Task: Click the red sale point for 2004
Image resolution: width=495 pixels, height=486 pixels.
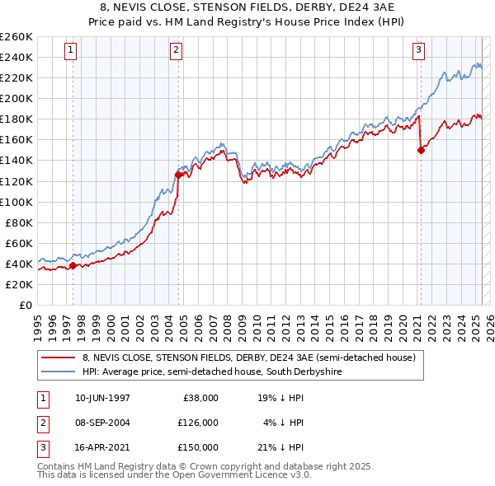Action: click(x=178, y=174)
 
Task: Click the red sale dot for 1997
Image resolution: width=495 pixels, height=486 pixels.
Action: click(x=73, y=265)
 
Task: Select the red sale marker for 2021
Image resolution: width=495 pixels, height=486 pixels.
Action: click(x=421, y=150)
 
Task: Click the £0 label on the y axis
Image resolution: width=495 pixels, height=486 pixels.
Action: click(x=25, y=305)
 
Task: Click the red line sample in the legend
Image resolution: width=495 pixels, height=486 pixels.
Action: click(x=59, y=357)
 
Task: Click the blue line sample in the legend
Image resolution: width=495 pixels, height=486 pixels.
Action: click(x=59, y=372)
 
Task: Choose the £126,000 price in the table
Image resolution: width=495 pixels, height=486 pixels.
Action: click(x=199, y=423)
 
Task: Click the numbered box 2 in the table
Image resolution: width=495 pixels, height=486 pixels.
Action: click(x=42, y=423)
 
